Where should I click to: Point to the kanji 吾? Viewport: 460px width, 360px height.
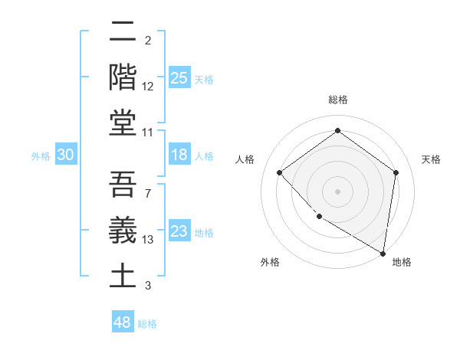[123, 184]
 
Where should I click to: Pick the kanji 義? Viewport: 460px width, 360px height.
[123, 230]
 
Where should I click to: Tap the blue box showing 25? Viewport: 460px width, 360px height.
[179, 77]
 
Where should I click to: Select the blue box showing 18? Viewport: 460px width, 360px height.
[179, 155]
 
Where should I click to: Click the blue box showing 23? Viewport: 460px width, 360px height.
[179, 231]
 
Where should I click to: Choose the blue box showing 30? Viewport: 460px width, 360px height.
[65, 155]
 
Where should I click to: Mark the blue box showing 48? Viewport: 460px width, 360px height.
[123, 322]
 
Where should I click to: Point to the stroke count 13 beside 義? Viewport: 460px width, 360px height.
[148, 240]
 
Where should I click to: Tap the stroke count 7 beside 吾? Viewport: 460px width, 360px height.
[147, 193]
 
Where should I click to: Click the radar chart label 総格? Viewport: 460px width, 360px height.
[337, 100]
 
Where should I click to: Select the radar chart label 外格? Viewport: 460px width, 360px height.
[270, 262]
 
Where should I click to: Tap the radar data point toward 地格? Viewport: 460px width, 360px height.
[383, 252]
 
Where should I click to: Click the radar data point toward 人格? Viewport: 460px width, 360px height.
[280, 172]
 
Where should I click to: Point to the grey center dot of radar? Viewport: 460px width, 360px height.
[337, 191]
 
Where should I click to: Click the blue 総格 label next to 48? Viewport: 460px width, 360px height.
[147, 324]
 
